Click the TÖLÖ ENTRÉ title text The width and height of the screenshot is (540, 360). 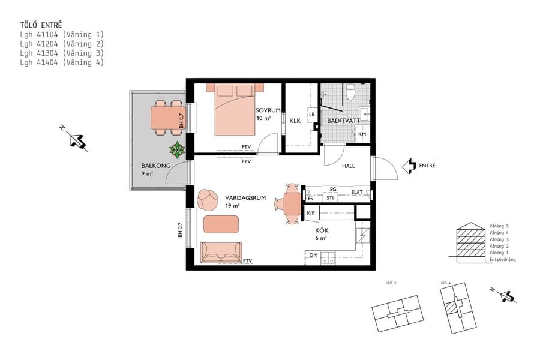tap(41, 25)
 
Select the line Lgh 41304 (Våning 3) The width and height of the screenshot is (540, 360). tap(62, 53)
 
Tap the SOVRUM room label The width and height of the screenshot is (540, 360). tap(268, 110)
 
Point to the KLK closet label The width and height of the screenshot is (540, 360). tap(295, 121)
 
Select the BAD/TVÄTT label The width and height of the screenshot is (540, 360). tap(343, 121)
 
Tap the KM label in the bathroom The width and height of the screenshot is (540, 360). tap(362, 134)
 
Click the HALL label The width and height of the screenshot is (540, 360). tap(349, 166)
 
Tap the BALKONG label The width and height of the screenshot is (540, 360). tap(155, 166)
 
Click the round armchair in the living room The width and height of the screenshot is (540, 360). tap(208, 199)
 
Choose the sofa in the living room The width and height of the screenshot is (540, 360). tap(220, 253)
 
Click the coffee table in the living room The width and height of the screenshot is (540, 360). tap(221, 224)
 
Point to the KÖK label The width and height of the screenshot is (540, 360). tap(322, 229)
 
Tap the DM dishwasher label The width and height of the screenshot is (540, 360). tap(313, 255)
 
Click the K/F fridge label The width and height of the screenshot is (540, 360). tap(311, 213)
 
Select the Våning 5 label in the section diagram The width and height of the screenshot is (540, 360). tap(499, 226)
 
